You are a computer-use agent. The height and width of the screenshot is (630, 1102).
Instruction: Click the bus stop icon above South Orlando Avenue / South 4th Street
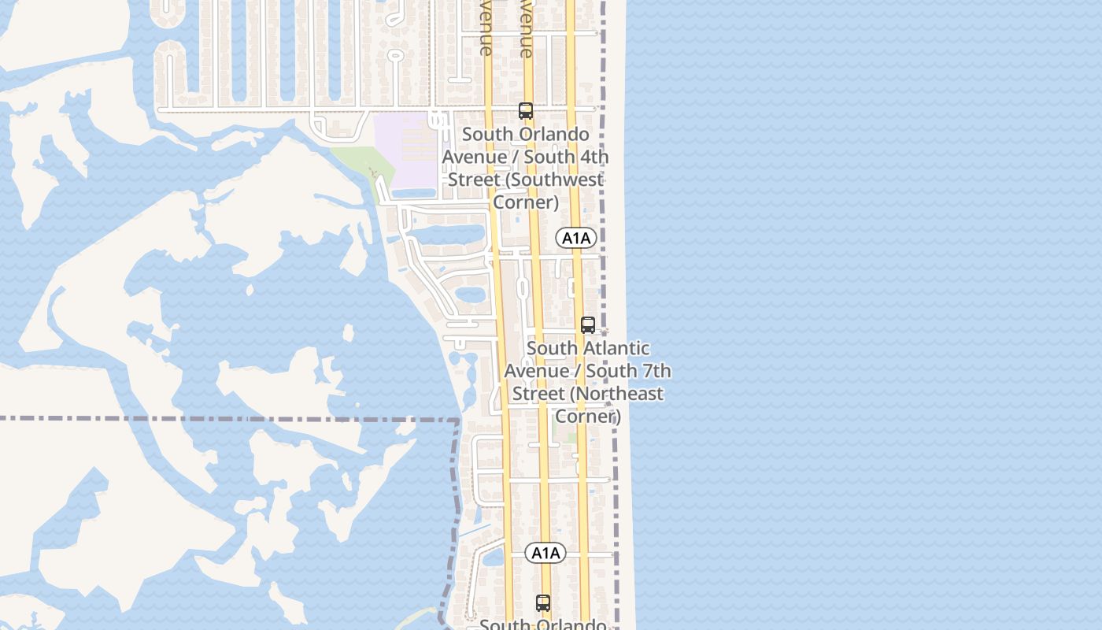coord(526,111)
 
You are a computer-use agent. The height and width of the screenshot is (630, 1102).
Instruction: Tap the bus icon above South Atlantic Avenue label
coord(588,324)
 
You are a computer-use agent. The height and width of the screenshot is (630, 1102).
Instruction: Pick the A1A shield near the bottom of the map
coord(545,553)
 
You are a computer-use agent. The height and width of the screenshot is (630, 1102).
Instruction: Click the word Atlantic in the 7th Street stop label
coord(616,348)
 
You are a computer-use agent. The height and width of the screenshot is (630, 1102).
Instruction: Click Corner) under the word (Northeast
coord(588,416)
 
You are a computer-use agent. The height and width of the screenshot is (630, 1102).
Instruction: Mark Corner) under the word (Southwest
coord(526,202)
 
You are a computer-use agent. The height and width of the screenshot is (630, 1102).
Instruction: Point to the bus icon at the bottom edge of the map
coord(543,603)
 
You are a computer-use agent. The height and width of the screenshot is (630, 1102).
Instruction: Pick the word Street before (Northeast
coord(537,394)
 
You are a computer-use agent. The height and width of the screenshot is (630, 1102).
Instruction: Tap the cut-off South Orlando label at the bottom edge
coord(543,624)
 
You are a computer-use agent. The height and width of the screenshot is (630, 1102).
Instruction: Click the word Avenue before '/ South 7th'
coord(535,371)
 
